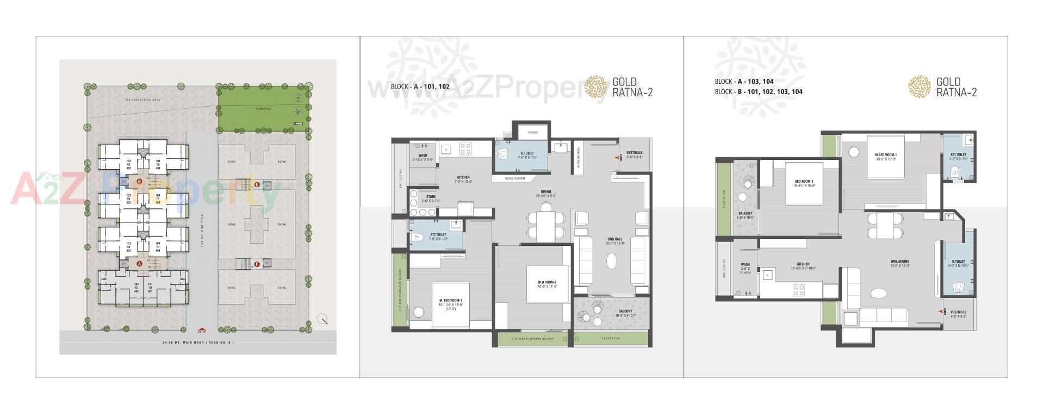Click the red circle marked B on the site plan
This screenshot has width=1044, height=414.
pyautogui.click(x=139, y=181)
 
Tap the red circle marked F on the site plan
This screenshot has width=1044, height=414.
pyautogui.click(x=257, y=264)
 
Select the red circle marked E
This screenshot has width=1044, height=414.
pyautogui.click(x=257, y=184)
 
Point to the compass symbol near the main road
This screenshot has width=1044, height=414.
pyautogui.click(x=323, y=320)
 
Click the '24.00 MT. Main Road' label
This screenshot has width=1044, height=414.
pyautogui.click(x=197, y=343)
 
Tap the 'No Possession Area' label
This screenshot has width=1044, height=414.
pyautogui.click(x=142, y=100)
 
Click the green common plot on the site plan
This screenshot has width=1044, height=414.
pyautogui.click(x=265, y=109)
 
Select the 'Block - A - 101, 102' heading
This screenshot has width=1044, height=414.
pyautogui.click(x=420, y=86)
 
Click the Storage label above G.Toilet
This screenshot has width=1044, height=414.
pyautogui.click(x=532, y=132)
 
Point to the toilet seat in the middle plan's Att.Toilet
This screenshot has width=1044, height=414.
pyautogui.click(x=418, y=237)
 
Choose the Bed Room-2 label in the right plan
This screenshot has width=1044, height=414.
pyautogui.click(x=804, y=183)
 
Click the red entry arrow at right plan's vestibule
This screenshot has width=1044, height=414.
pyautogui.click(x=941, y=312)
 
